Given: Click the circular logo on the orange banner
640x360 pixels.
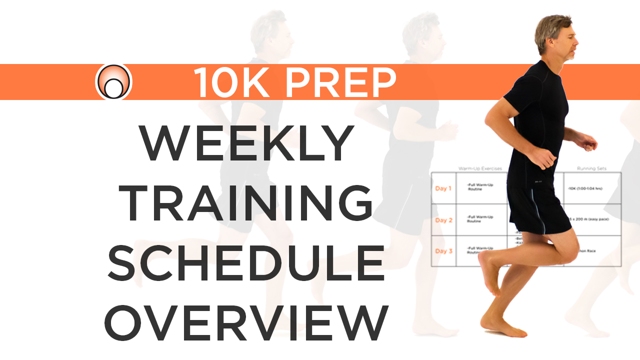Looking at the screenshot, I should coord(113,81).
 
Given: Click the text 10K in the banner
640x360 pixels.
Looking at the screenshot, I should coord(230,82).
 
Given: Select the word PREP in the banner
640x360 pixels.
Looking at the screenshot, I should coord(340,82).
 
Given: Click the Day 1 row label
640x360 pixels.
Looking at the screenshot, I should coord(443,188).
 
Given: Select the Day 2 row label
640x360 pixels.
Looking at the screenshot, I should coord(443,220).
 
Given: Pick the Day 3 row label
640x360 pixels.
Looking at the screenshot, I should coord(443,251).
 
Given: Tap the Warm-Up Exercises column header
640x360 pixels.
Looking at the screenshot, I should coord(480,169).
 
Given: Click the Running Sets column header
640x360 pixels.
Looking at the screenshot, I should coord(591,169).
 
